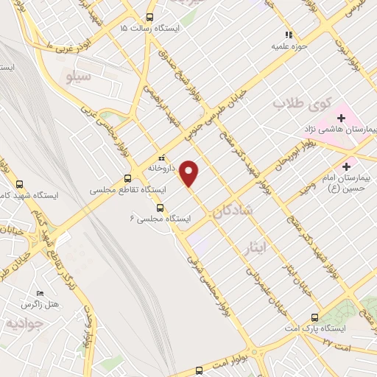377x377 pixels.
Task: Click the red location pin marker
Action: point(190,173)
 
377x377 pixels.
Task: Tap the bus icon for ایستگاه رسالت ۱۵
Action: point(150,16)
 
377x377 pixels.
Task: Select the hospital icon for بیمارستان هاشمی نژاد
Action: point(342,118)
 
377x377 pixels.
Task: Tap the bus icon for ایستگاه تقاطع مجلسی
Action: point(127,177)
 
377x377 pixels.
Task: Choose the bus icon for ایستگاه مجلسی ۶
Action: point(161,207)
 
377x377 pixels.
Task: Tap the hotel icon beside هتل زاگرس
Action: point(39,292)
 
